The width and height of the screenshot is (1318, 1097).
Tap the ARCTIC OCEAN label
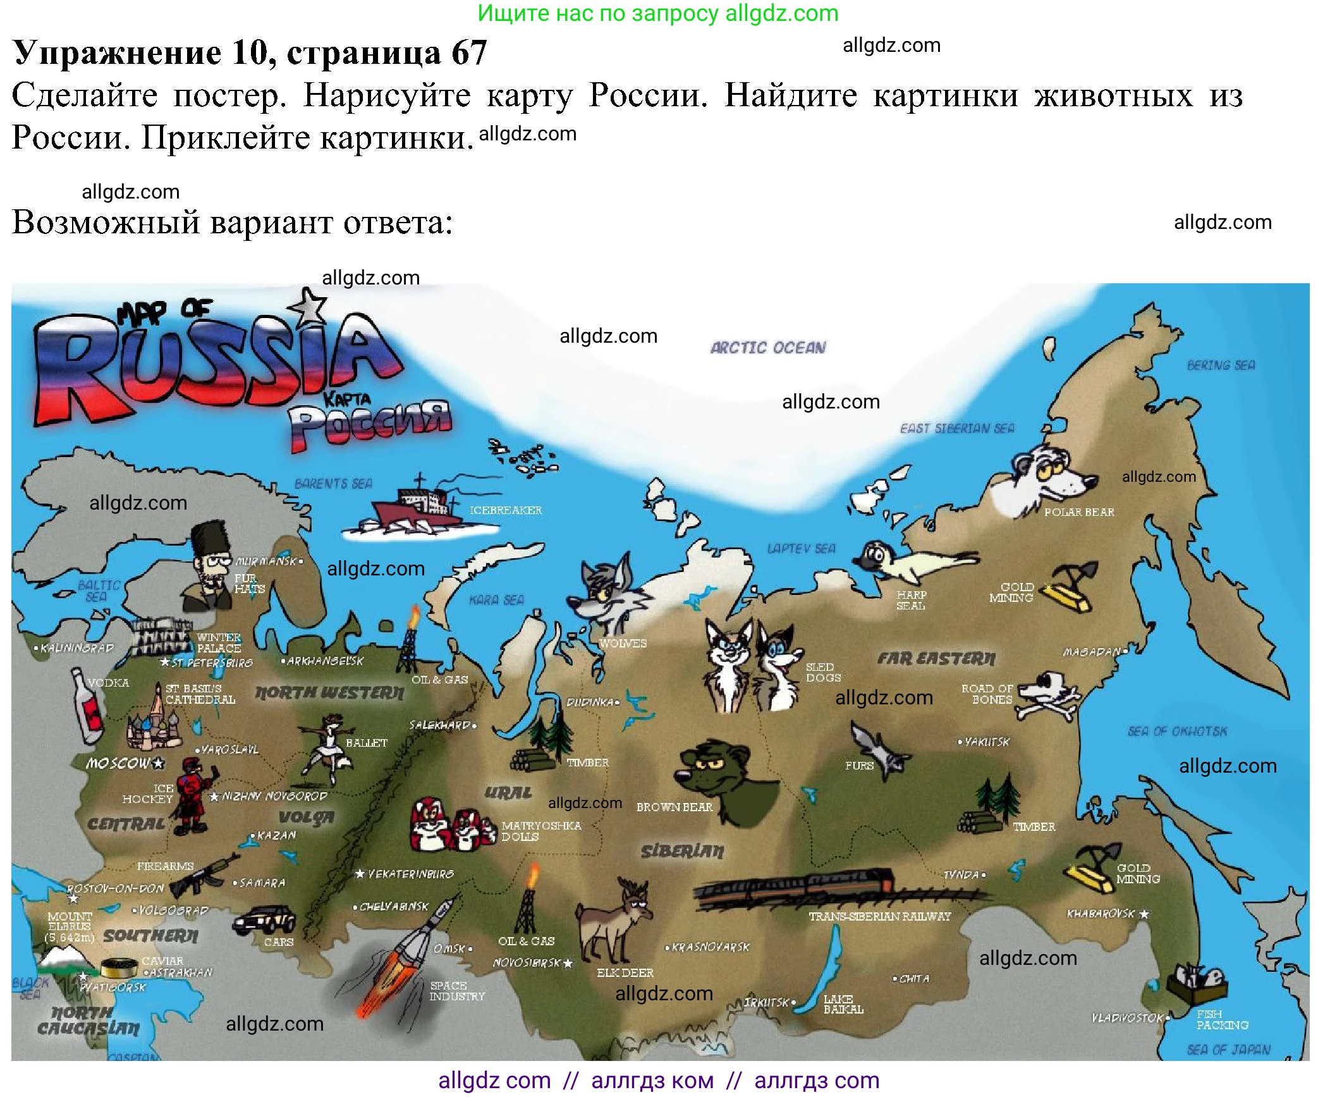pyautogui.click(x=767, y=348)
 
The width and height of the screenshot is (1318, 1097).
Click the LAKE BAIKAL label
pyautogui.click(x=843, y=1004)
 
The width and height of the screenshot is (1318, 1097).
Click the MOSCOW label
pyautogui.click(x=119, y=763)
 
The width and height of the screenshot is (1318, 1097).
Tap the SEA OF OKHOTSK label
pyautogui.click(x=1177, y=732)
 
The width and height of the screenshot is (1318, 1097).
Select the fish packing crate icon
pyautogui.click(x=1197, y=983)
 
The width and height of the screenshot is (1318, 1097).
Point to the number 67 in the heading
pyautogui.click(x=469, y=52)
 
